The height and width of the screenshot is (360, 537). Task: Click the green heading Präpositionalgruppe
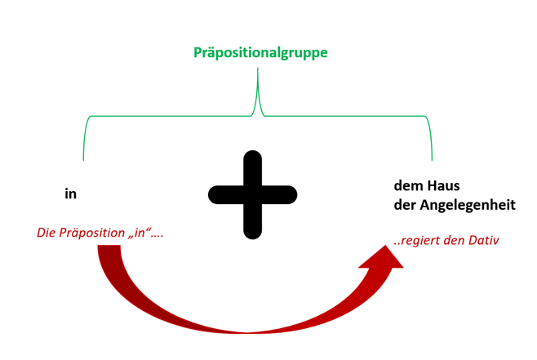pyautogui.click(x=260, y=53)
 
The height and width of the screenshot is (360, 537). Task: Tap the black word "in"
pyautogui.click(x=70, y=193)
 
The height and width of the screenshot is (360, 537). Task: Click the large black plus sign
pyautogui.click(x=253, y=194)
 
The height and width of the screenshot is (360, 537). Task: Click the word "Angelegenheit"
pyautogui.click(x=468, y=206)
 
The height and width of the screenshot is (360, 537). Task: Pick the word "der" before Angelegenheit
pyautogui.click(x=405, y=205)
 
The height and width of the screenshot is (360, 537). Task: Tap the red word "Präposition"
pyautogui.click(x=91, y=233)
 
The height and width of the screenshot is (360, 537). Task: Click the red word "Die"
pyautogui.click(x=47, y=233)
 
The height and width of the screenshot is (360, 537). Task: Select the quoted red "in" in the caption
pyautogui.click(x=140, y=233)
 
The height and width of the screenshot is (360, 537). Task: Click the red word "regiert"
pyautogui.click(x=419, y=241)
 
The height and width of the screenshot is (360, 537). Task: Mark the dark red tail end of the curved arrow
pyautogui.click(x=109, y=246)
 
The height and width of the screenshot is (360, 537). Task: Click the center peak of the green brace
pyautogui.click(x=258, y=69)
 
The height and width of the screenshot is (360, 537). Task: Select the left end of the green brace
pyautogui.click(x=83, y=160)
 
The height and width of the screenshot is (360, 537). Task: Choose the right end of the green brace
pyautogui.click(x=432, y=160)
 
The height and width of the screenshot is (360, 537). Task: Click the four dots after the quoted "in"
pyautogui.click(x=158, y=237)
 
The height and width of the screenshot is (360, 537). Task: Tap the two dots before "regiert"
pyautogui.click(x=397, y=244)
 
